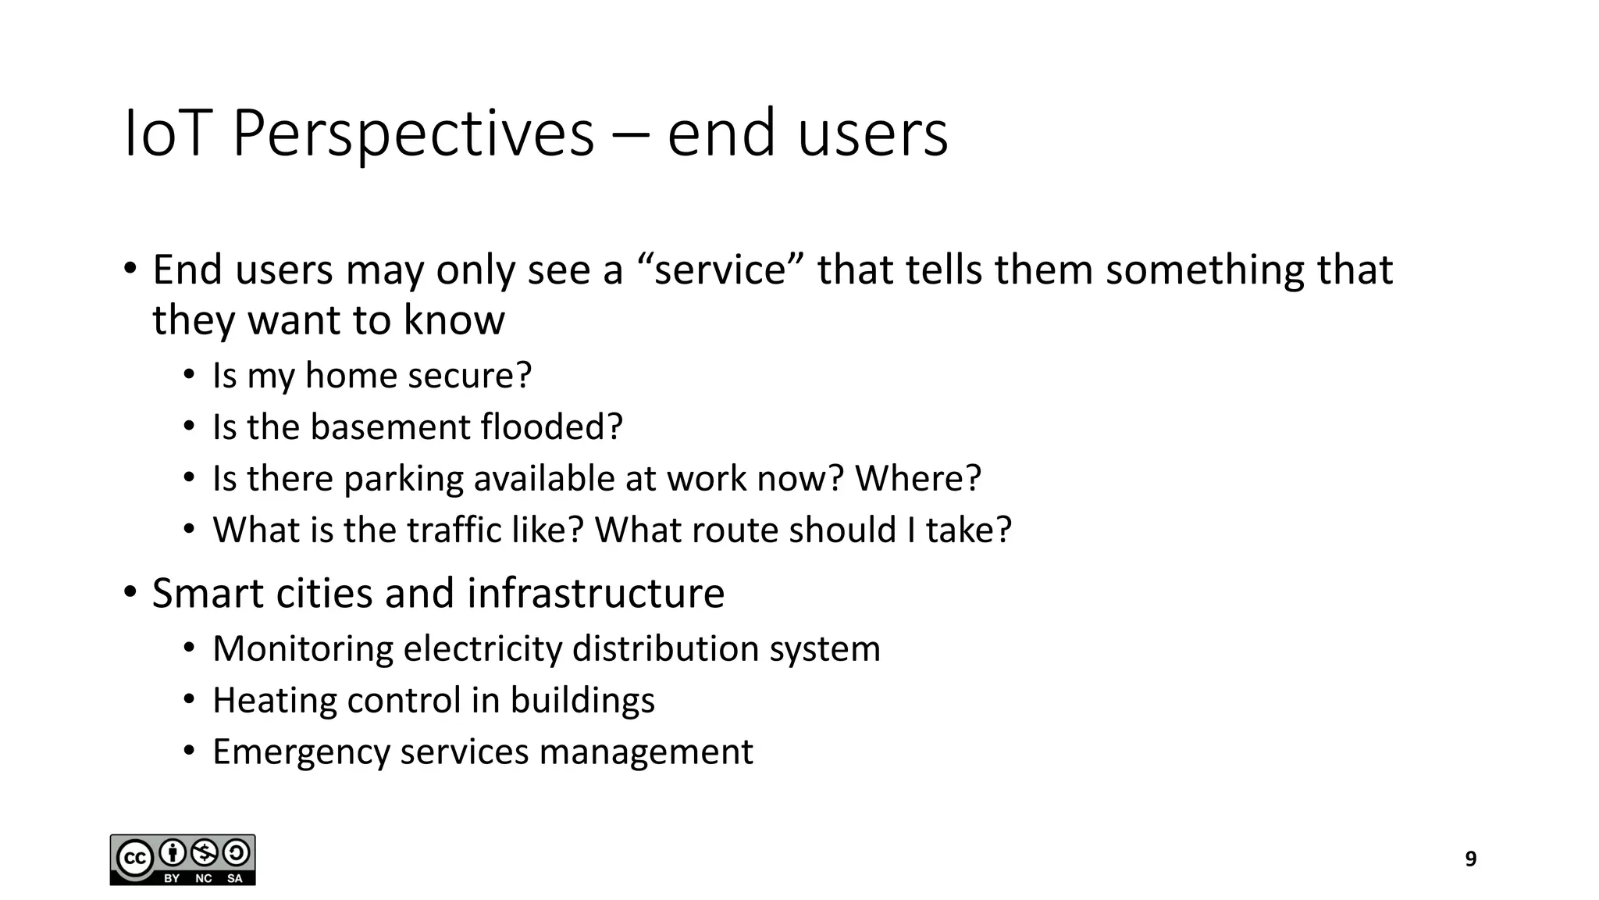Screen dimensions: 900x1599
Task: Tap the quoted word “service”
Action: tap(720, 270)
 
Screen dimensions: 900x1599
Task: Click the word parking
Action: tap(403, 479)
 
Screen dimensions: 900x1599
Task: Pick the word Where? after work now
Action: tap(918, 478)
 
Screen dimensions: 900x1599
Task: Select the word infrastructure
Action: tap(596, 593)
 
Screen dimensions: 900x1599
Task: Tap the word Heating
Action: tap(274, 700)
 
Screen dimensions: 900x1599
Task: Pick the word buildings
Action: tap(582, 701)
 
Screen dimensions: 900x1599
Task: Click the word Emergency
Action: tap(301, 752)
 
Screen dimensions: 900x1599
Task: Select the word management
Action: tap(646, 752)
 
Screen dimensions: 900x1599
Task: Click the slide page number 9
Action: tap(1471, 859)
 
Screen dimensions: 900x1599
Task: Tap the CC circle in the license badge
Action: tap(134, 859)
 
